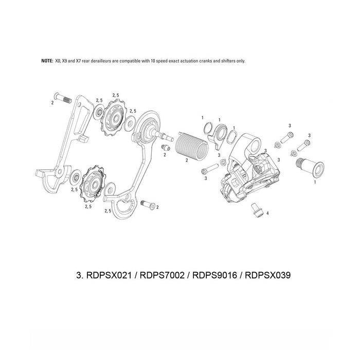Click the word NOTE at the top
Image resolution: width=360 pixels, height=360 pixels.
47,61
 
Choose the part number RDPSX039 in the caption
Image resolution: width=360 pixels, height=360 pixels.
268,275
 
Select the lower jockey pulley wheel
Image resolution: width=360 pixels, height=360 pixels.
93,180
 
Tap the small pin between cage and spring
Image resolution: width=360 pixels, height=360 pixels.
166,148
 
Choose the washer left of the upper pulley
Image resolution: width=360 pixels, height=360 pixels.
98,112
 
